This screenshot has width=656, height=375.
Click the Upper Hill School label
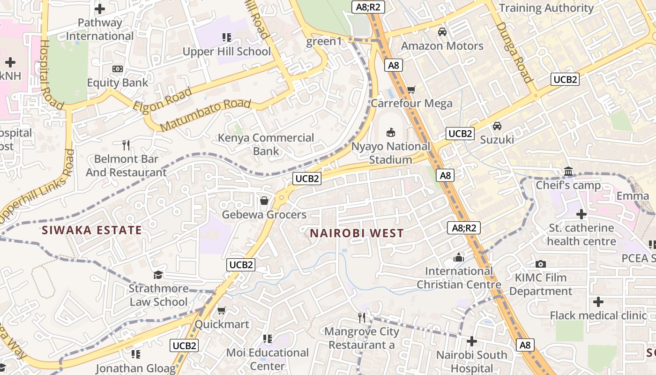[x=227, y=51]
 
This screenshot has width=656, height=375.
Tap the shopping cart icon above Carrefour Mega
[x=411, y=89]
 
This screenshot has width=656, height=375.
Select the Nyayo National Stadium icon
[x=390, y=133]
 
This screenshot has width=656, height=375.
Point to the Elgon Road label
[x=163, y=100]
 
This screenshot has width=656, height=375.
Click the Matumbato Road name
[x=205, y=115]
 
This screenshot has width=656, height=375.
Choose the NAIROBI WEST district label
[x=357, y=233]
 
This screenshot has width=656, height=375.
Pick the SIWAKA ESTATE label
[x=91, y=230]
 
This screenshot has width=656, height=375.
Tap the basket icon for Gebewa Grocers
[x=264, y=201]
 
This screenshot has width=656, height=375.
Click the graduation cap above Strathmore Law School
[x=158, y=274]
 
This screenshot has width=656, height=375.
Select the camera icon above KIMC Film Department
[x=541, y=264]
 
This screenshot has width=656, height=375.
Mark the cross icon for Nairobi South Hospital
[x=472, y=341]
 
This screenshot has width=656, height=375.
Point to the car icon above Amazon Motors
[x=442, y=32]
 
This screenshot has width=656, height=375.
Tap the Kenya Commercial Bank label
[x=266, y=144]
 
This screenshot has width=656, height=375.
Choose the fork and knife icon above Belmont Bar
[x=126, y=145]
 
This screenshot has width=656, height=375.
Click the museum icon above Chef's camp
[x=568, y=172]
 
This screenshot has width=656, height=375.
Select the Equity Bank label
[x=118, y=82]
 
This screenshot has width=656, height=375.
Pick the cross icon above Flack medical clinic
[x=598, y=301]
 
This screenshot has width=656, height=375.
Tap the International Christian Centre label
[x=459, y=277]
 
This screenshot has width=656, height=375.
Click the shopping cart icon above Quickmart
[x=222, y=310]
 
